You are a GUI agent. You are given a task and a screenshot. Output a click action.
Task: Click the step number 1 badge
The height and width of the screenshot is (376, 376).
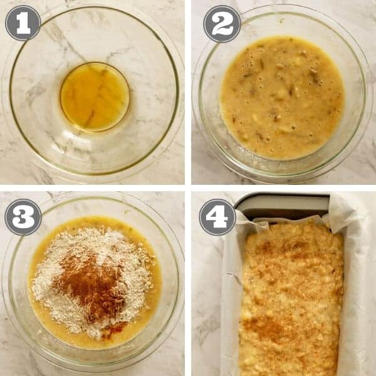23,23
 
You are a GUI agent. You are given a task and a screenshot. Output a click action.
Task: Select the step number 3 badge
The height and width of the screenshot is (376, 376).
23,217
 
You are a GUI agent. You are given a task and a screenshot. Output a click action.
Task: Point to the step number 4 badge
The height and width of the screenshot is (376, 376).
217,217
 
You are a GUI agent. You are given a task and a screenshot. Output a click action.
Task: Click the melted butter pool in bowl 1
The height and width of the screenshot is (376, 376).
95,97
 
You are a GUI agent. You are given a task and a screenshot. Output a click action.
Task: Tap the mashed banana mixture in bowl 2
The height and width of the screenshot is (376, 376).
282,97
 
